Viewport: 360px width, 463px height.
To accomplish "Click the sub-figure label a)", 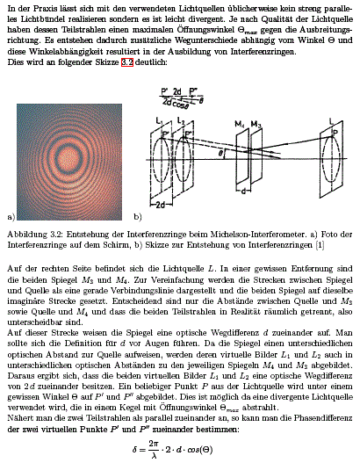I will [11, 214].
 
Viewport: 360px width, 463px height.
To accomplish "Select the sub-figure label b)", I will [137, 214].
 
